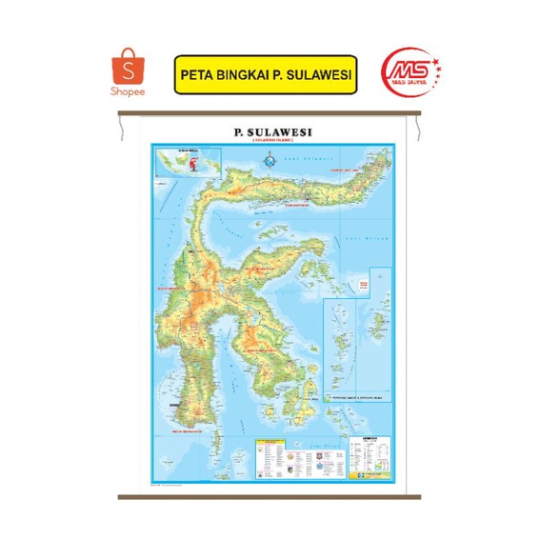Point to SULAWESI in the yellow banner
pyautogui.click(x=319, y=73)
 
